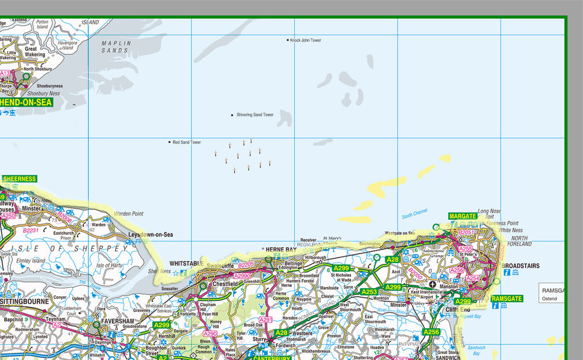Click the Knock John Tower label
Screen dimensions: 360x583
[306, 40]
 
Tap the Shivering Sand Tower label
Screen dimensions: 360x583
[254, 115]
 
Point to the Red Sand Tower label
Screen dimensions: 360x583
[187, 142]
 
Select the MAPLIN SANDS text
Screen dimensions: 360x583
[116, 47]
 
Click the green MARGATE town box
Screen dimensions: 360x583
[462, 216]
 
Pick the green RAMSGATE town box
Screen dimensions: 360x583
[507, 298]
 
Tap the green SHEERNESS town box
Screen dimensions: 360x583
[19, 179]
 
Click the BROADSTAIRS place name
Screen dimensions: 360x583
[520, 266]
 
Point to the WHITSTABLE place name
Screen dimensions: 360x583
[187, 264]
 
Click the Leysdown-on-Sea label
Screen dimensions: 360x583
[150, 235]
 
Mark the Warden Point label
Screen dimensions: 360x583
[129, 214]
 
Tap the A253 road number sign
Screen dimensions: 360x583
[369, 292]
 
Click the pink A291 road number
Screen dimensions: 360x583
[266, 320]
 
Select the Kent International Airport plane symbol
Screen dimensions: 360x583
[433, 284]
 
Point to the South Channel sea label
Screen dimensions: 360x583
[414, 214]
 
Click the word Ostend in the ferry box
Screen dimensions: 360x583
[550, 298]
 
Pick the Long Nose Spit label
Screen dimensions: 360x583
[489, 214]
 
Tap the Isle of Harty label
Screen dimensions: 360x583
[109, 266]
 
